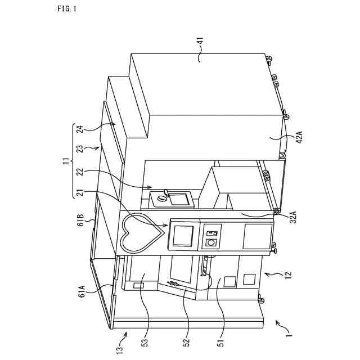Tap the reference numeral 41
coord(201,43)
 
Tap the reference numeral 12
coord(287,274)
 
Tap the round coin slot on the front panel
coord(211,242)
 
